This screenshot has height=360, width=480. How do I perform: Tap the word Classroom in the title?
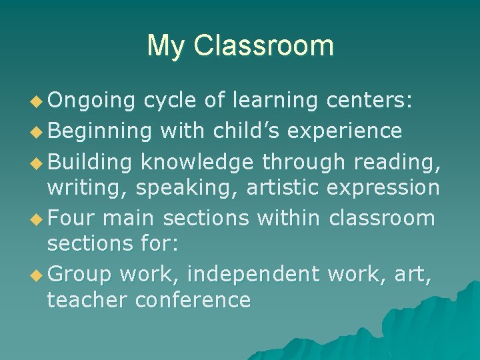pyautogui.click(x=263, y=46)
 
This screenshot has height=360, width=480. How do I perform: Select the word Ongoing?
pyautogui.click(x=91, y=101)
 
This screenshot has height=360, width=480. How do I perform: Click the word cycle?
pyautogui.click(x=170, y=101)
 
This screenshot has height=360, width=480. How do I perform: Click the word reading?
pyautogui.click(x=397, y=161)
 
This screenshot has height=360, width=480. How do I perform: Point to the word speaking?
pyautogui.click(x=187, y=189)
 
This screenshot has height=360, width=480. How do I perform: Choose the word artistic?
pyautogui.click(x=283, y=188)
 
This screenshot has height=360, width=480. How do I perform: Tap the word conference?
pyautogui.click(x=193, y=301)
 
